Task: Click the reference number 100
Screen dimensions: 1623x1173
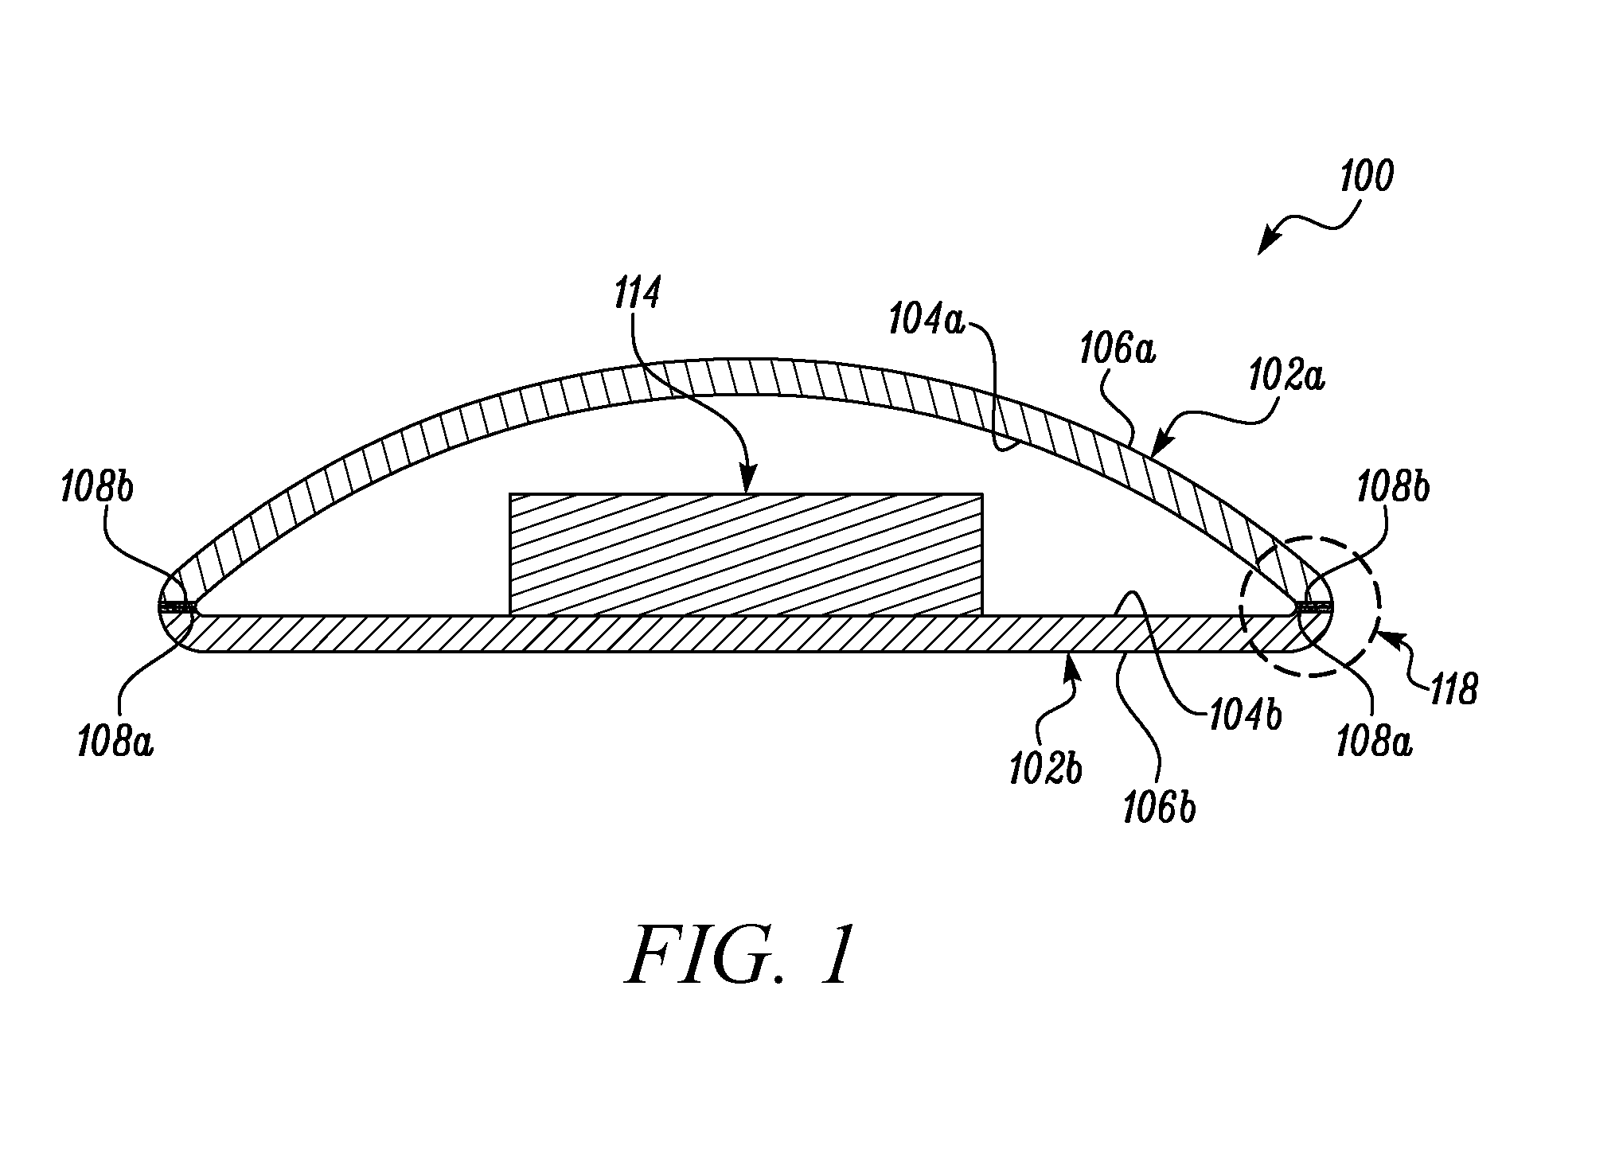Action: pyautogui.click(x=1366, y=177)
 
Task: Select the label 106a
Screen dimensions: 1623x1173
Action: pyautogui.click(x=1118, y=350)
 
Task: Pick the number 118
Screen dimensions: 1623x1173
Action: pyautogui.click(x=1454, y=689)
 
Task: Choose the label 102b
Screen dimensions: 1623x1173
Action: pyautogui.click(x=1046, y=770)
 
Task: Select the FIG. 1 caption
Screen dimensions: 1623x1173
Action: pyautogui.click(x=741, y=955)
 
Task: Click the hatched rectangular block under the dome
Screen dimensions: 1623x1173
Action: pyautogui.click(x=746, y=554)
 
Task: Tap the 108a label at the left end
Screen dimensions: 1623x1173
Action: pyautogui.click(x=115, y=743)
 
